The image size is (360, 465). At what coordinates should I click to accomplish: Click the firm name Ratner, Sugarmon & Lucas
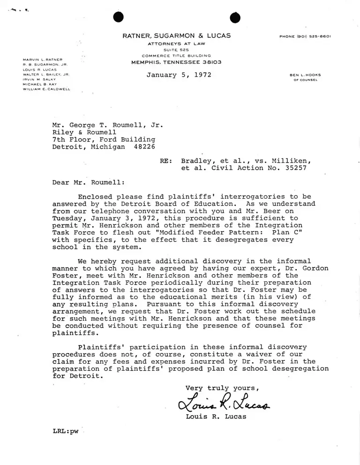(x=176, y=36)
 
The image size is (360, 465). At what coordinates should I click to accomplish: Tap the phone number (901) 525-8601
(x=305, y=36)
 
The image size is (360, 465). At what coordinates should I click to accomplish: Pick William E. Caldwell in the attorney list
(x=46, y=89)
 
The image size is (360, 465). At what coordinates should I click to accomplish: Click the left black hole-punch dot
(x=119, y=17)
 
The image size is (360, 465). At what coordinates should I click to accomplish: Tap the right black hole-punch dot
(x=235, y=17)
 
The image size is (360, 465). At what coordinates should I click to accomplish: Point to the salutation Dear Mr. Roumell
(x=89, y=182)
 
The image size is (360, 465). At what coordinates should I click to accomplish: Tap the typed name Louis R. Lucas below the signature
(x=216, y=417)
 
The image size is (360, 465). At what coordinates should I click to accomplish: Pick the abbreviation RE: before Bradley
(x=165, y=161)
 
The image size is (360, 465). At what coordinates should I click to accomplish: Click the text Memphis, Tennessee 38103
(x=176, y=62)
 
